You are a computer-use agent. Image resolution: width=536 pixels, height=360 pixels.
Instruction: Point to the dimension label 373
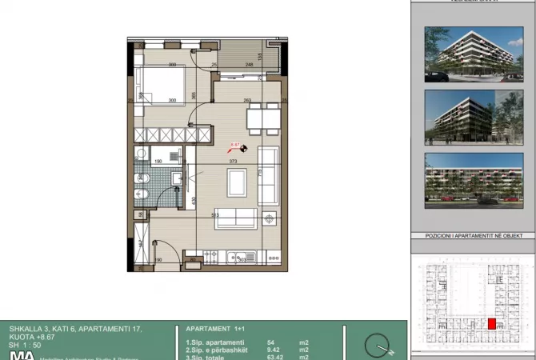234,162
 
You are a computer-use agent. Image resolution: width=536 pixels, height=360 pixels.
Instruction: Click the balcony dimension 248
250,65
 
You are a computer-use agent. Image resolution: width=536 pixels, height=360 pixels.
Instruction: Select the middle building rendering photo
473,117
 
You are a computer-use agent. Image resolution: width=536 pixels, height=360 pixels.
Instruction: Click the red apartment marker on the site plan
492,324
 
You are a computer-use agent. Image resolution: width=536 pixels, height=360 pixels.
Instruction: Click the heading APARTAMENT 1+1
215,329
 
